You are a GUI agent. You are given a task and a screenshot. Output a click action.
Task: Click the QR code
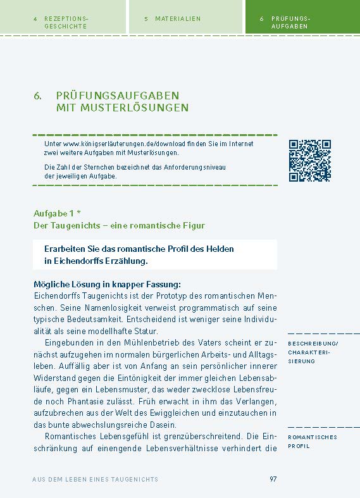tap(310, 161)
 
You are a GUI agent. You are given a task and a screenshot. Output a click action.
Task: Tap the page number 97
tap(273, 479)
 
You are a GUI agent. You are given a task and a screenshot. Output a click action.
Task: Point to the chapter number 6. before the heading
tap(38, 96)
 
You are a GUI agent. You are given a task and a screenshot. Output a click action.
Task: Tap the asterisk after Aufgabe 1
tap(78, 213)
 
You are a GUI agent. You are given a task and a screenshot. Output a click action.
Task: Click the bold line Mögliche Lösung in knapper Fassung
tap(107, 284)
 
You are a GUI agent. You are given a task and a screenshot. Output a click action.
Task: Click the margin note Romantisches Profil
tap(313, 441)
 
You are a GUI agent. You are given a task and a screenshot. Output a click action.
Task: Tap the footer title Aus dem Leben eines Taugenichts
tap(95, 480)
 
